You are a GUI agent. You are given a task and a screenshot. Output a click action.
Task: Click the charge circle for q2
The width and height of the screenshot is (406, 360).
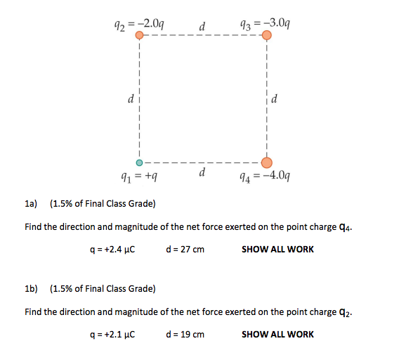point(140,34)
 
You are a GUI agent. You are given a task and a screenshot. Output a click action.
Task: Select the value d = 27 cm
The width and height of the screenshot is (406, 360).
point(187,249)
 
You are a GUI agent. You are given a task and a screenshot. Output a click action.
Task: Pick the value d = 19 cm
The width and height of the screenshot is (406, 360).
point(187,334)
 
